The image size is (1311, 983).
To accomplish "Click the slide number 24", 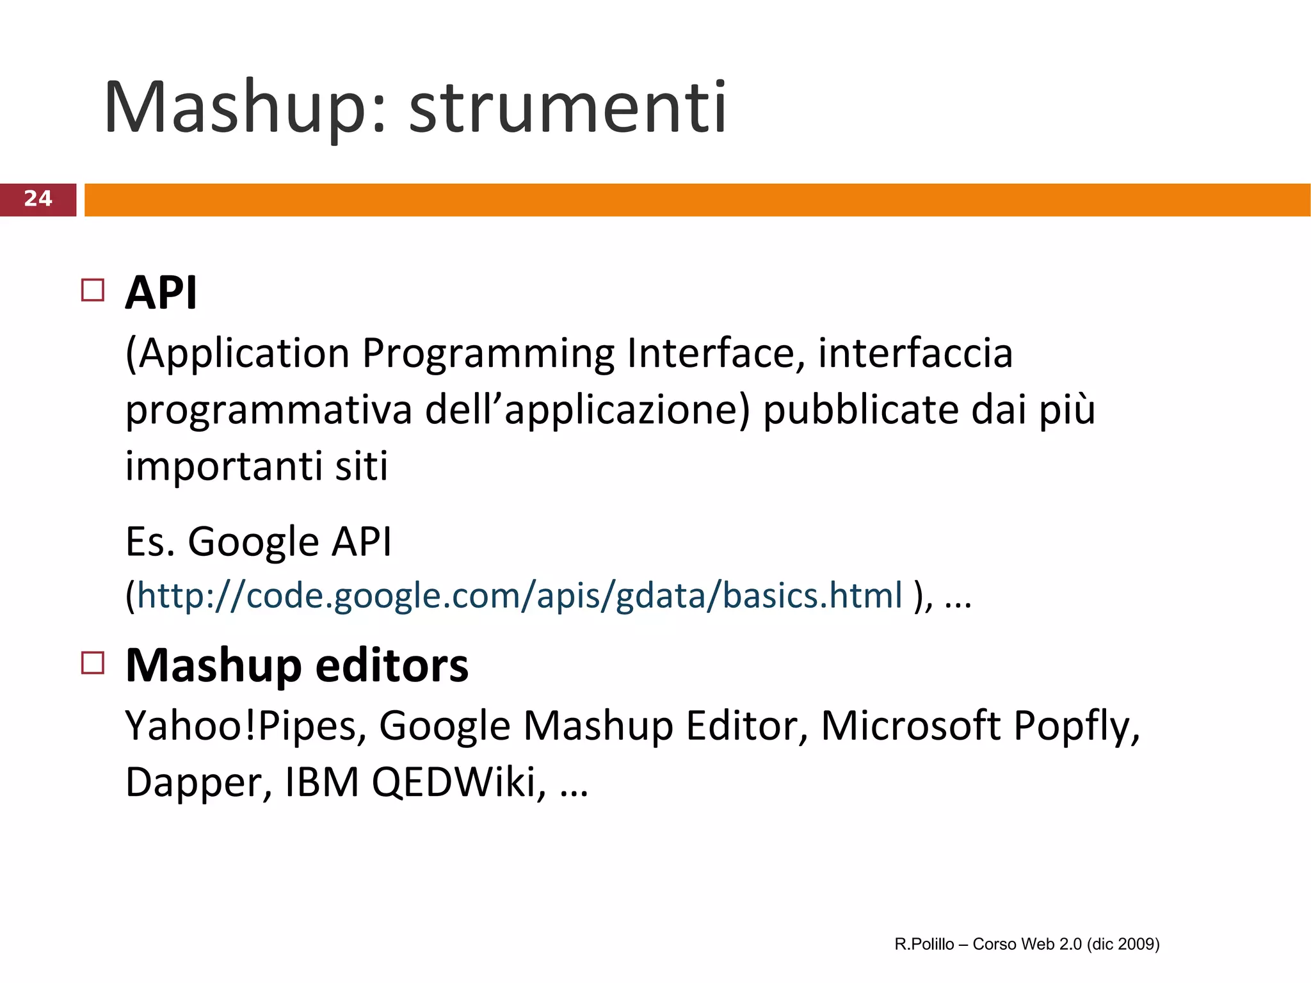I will tap(38, 199).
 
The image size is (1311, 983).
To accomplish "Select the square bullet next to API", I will tap(93, 290).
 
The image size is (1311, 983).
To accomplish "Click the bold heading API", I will tap(161, 293).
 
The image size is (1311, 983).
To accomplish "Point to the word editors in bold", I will tap(392, 665).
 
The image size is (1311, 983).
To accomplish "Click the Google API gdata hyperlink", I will tap(519, 596).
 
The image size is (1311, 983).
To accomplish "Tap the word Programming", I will tap(488, 354).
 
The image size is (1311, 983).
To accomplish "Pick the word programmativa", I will tap(269, 410).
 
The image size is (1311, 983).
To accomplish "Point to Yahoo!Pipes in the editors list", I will tap(246, 726).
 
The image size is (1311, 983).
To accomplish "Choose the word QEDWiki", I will tap(459, 782).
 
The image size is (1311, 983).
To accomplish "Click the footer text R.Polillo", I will tap(924, 944).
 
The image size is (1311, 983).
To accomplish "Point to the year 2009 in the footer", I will tap(1138, 944).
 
